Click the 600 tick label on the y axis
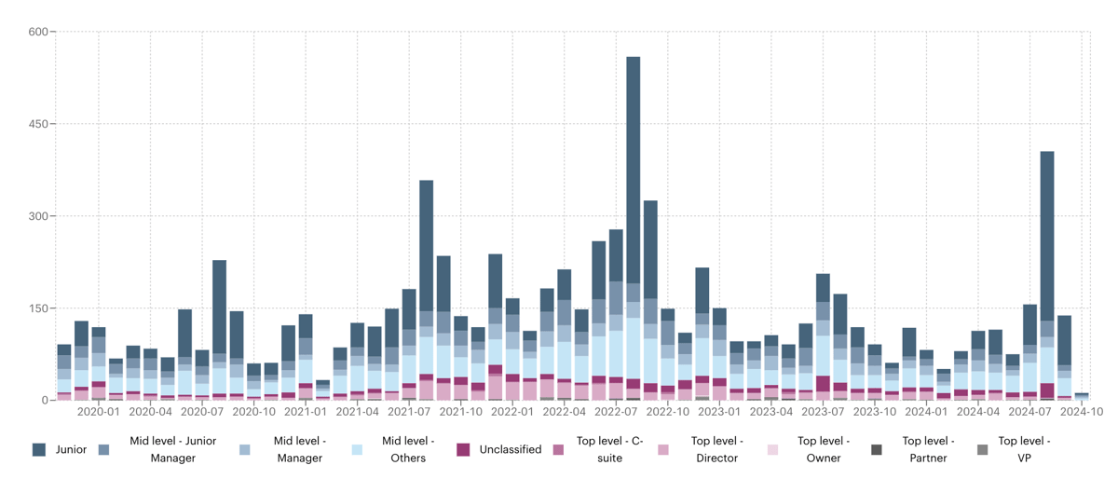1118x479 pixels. tap(39, 33)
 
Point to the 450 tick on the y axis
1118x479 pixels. tap(39, 124)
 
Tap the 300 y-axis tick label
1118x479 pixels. tap(39, 216)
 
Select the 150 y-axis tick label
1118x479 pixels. tap(39, 308)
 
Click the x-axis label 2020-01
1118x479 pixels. tap(98, 411)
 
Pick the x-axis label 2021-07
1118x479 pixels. tap(409, 411)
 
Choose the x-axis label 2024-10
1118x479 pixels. tap(1081, 411)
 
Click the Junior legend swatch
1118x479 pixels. tap(39, 449)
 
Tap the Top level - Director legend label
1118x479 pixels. tap(717, 449)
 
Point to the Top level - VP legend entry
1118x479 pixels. tap(1024, 449)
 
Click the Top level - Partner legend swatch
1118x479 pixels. tap(877, 449)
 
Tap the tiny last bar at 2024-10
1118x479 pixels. tap(1081, 396)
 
